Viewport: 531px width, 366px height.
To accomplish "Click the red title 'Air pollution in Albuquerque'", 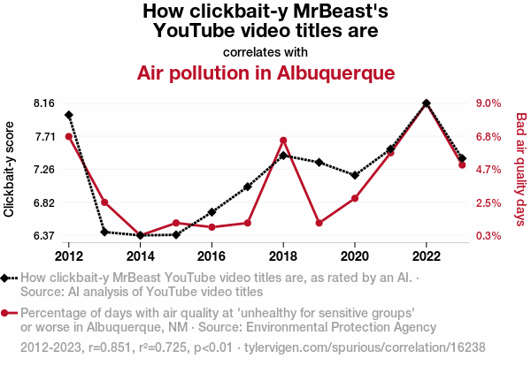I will (x=265, y=72).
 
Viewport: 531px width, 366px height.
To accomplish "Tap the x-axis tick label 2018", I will (x=283, y=255).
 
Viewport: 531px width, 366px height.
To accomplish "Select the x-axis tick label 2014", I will (x=140, y=255).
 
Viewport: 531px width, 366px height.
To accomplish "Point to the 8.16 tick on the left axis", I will (x=42, y=103).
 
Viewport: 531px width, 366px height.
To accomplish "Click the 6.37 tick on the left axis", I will (x=42, y=236).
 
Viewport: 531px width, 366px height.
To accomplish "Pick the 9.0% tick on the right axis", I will (x=489, y=103).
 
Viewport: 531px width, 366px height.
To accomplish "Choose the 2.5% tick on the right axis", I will (x=489, y=203).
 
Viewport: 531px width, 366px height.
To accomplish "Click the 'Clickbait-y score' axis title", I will (x=10, y=169).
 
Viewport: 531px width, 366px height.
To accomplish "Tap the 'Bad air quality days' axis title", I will (x=521, y=169).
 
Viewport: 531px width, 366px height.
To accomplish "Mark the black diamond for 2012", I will (x=68, y=115).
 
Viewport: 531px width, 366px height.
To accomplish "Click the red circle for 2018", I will (x=283, y=141).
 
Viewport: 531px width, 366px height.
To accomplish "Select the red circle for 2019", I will (x=319, y=223).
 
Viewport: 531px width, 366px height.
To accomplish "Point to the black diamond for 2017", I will (x=248, y=187).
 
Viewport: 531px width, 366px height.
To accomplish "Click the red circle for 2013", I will (x=104, y=202).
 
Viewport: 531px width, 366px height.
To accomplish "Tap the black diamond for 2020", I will (x=355, y=175).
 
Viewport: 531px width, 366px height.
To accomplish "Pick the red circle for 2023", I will (x=462, y=165).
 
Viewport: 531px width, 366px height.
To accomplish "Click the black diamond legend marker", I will (x=8, y=278).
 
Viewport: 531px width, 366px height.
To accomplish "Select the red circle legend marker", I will (x=8, y=313).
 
